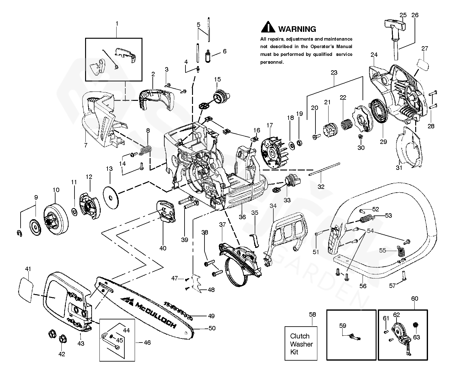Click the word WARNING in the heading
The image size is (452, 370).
(x=297, y=29)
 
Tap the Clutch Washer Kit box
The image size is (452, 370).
(x=301, y=344)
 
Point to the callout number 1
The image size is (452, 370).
(x=117, y=23)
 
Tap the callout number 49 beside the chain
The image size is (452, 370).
(x=211, y=316)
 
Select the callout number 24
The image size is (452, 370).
(x=374, y=55)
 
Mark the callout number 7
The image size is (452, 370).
(x=86, y=145)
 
